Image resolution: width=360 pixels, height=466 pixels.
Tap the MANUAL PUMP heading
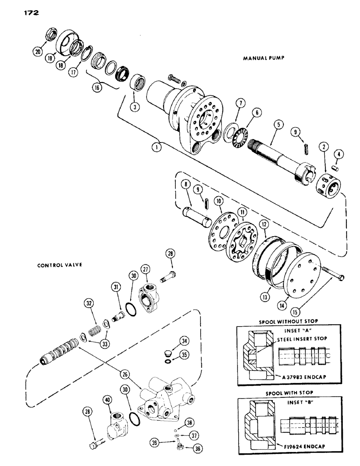click(263, 59)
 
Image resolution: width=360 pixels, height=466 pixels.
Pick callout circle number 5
click(278, 125)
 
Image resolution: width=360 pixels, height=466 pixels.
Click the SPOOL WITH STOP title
click(293, 393)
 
